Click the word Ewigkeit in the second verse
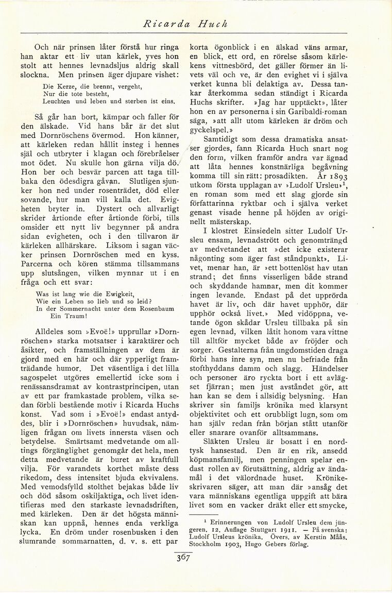coord(113,293)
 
